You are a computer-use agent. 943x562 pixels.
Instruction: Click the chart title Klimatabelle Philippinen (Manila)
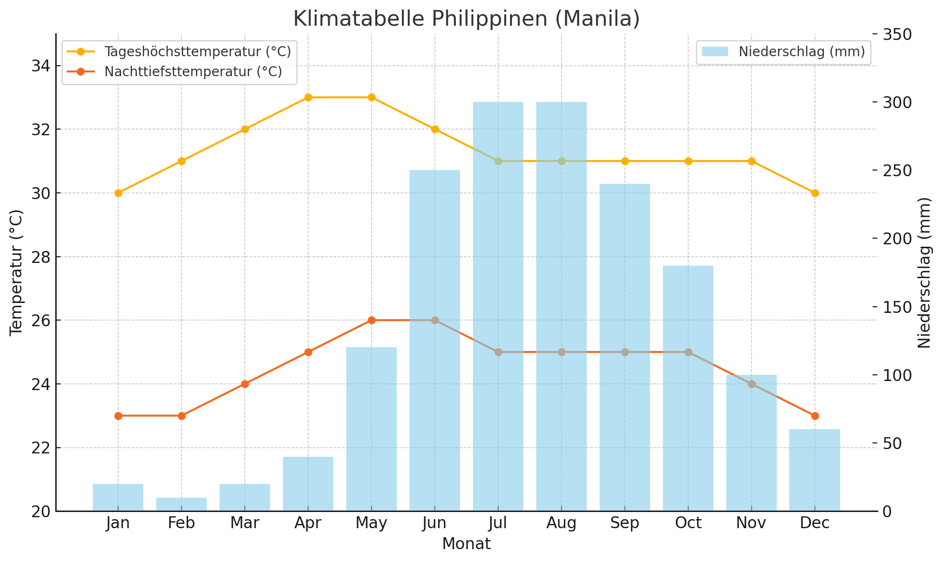point(466,19)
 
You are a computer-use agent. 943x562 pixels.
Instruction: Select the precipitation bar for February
point(181,504)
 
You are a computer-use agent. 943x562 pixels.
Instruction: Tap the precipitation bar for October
point(688,388)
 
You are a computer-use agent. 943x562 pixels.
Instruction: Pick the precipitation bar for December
point(814,470)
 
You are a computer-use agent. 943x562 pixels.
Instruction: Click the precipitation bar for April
point(308,484)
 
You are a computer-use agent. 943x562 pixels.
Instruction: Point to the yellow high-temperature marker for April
point(308,97)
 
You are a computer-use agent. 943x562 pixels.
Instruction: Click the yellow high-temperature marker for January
point(118,193)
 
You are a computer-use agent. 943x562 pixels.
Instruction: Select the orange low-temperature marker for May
point(371,320)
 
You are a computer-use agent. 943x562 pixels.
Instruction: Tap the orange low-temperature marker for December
point(815,416)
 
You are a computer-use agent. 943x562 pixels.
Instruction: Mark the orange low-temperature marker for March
point(245,384)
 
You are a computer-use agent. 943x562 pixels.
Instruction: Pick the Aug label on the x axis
point(562,523)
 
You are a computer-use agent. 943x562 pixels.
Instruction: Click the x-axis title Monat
point(466,544)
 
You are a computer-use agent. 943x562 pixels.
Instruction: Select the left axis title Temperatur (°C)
point(17,272)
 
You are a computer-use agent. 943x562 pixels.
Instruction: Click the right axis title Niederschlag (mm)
point(924,272)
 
